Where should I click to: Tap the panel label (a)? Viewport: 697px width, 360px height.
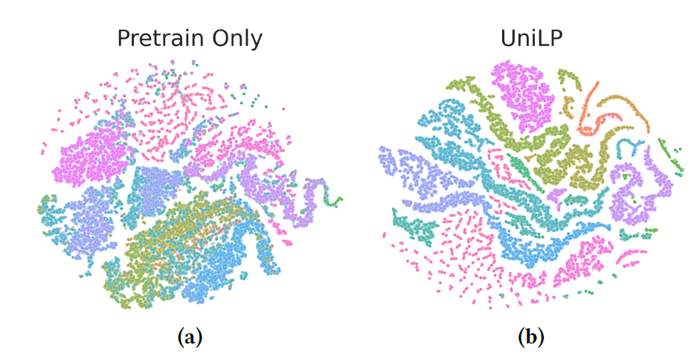click(190, 337)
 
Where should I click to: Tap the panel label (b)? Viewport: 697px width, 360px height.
click(530, 337)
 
